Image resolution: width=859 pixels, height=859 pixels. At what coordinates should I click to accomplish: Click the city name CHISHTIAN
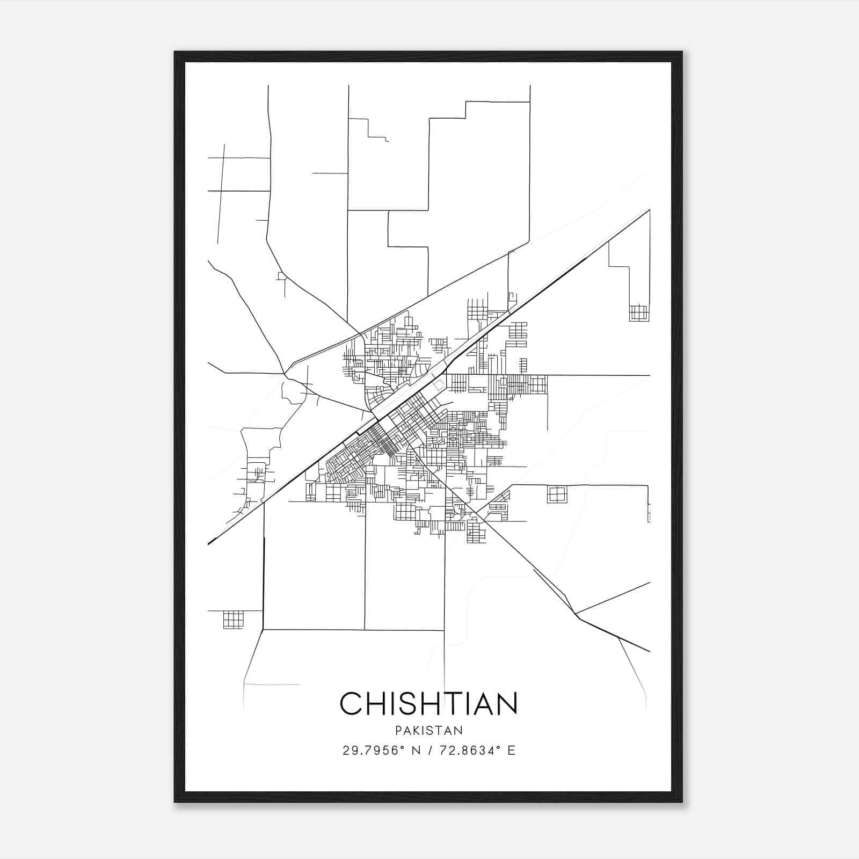click(x=428, y=703)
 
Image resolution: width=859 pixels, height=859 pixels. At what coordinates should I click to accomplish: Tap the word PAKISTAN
click(x=428, y=731)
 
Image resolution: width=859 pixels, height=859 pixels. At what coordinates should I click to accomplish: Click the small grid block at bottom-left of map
click(x=233, y=620)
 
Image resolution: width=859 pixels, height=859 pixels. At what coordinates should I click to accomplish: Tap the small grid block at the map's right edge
click(x=639, y=313)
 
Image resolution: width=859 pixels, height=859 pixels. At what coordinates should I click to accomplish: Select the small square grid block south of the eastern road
click(x=557, y=494)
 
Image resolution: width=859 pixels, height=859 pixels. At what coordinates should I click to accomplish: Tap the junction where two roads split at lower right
click(x=576, y=613)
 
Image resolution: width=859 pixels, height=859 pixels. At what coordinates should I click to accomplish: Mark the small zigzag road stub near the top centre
click(x=378, y=131)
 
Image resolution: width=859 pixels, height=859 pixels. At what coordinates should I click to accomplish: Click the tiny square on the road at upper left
click(x=281, y=276)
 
